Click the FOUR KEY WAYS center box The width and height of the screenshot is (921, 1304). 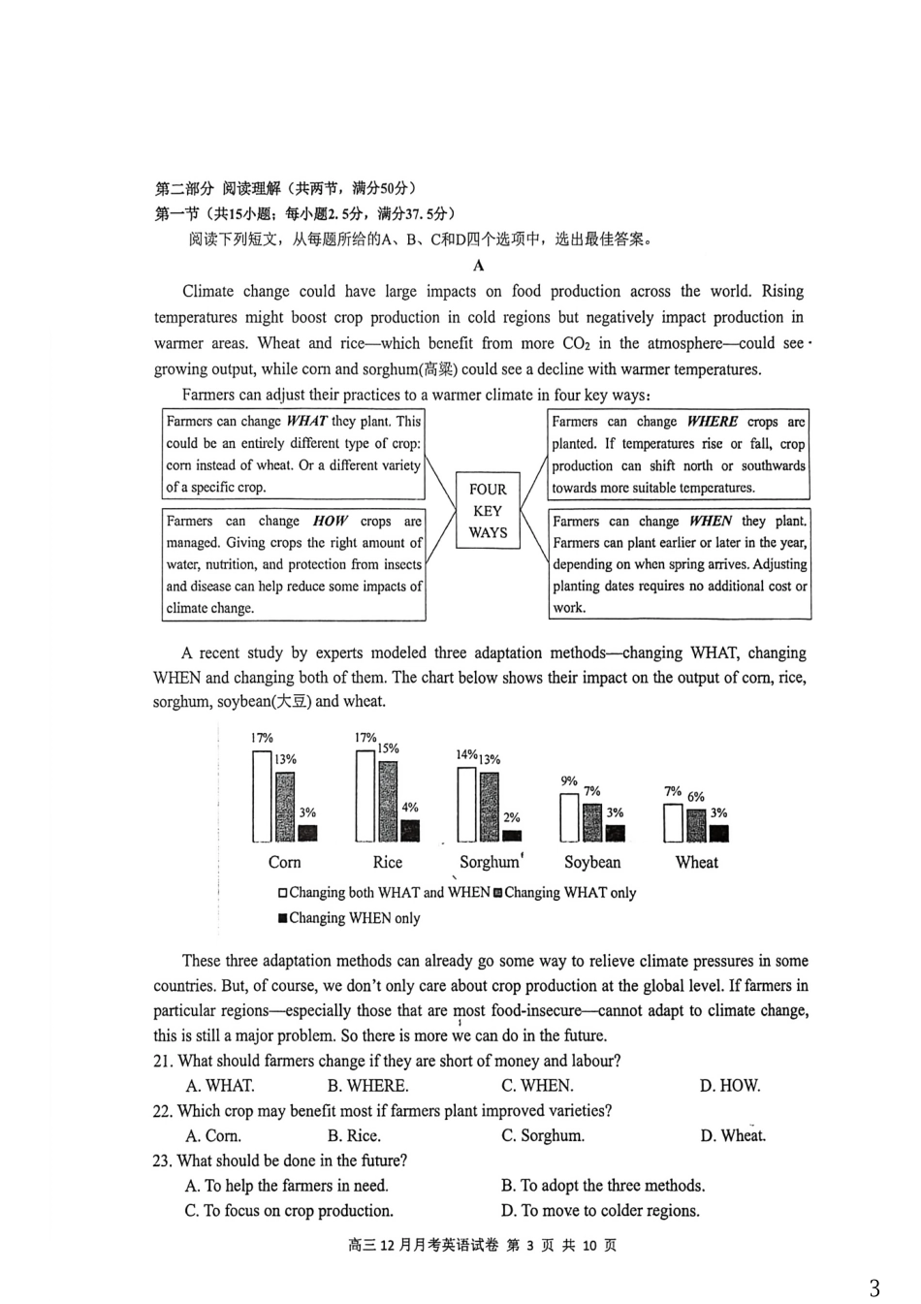(488, 511)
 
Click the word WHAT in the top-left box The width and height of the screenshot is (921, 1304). (306, 422)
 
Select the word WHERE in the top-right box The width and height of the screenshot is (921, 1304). (712, 422)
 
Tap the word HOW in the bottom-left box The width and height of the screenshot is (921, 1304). (330, 522)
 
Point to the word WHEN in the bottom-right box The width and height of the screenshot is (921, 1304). (712, 522)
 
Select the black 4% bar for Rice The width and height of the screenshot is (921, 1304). (410, 830)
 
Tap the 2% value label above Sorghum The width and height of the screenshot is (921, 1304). (512, 817)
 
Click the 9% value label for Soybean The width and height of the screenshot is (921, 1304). (569, 780)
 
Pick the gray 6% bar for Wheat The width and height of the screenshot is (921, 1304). (696, 825)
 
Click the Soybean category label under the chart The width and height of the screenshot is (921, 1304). (592, 862)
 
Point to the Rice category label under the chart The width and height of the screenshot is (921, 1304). (387, 862)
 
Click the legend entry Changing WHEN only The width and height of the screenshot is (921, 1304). (349, 918)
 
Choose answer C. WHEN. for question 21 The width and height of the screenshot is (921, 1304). (537, 1086)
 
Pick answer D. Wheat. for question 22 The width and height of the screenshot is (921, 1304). (733, 1136)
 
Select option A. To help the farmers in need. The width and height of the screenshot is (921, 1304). (287, 1186)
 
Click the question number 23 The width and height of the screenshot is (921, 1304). (162, 1161)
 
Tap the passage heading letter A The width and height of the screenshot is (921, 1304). (478, 266)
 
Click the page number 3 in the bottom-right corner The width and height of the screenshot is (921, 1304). (874, 1288)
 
